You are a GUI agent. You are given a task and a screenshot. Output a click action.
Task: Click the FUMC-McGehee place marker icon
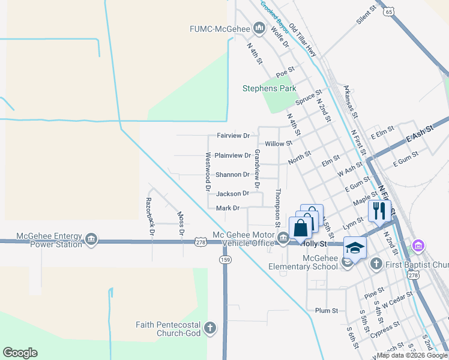(x=259, y=28)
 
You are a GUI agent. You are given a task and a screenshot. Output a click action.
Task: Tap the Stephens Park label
(x=270, y=88)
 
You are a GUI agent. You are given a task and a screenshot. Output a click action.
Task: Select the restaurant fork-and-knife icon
(x=379, y=211)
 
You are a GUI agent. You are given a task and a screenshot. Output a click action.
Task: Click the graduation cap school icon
(x=355, y=247)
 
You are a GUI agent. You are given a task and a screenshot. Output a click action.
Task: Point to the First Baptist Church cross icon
(x=376, y=263)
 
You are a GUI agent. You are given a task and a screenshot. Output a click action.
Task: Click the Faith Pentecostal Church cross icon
(x=209, y=328)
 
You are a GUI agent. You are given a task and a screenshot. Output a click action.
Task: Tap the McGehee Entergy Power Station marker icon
(x=91, y=240)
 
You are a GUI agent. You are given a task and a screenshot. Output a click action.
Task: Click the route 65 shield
(x=390, y=11)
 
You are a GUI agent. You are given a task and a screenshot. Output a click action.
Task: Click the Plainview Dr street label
(x=233, y=155)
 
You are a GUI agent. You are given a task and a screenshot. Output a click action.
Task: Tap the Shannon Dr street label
(x=232, y=175)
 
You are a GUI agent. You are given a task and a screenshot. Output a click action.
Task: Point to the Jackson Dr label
(x=232, y=194)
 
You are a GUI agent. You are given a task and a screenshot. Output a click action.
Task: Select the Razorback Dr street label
(x=151, y=215)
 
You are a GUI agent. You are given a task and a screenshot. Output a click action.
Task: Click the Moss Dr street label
(x=180, y=223)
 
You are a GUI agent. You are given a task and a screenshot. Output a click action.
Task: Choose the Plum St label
(x=327, y=311)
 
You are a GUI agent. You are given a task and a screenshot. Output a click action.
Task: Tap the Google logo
(x=20, y=353)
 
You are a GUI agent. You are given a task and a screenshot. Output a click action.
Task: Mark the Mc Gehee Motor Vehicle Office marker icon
(x=283, y=239)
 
